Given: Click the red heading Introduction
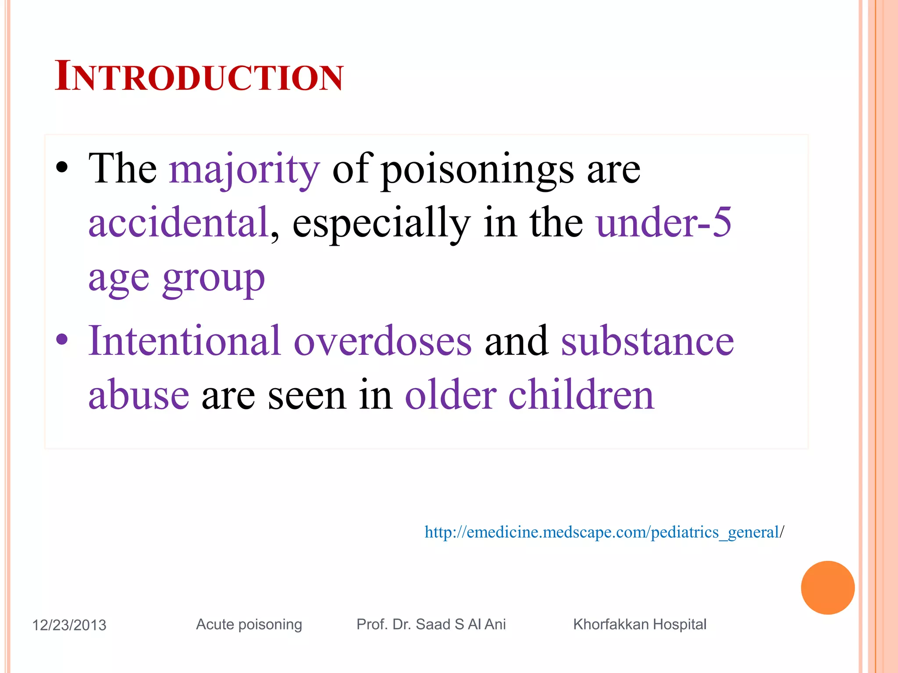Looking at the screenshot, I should (199, 77).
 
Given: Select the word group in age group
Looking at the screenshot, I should (214, 278).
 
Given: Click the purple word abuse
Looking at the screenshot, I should (139, 394).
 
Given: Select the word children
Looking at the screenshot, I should (581, 394).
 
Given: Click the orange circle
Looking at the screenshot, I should (827, 588).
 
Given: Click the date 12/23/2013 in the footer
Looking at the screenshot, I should (69, 625).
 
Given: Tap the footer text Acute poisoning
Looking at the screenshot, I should (249, 624).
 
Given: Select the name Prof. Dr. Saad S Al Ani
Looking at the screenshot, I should (431, 624).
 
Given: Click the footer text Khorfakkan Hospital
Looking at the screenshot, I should (640, 624).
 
